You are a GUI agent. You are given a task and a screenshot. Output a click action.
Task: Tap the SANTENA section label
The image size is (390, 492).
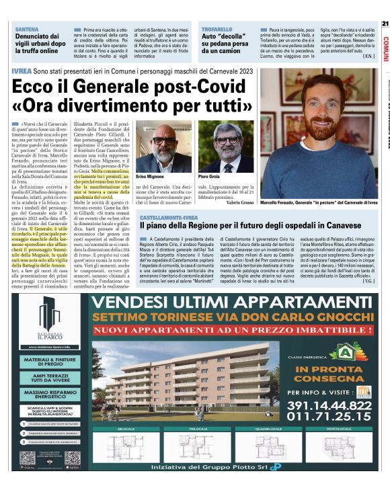[27, 30]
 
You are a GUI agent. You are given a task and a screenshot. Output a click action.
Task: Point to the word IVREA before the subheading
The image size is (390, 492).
[26, 71]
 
